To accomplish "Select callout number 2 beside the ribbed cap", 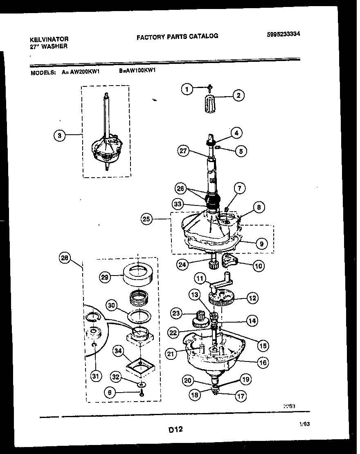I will pos(238,96).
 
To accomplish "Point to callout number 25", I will pos(147,219).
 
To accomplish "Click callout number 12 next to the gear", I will pos(252,298).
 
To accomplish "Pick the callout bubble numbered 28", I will pos(65,258).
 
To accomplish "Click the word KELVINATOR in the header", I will pos(49,39).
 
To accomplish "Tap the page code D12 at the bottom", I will pos(175,430).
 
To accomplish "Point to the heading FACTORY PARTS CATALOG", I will pos(177,36).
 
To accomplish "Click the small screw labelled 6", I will pos(142,393).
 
